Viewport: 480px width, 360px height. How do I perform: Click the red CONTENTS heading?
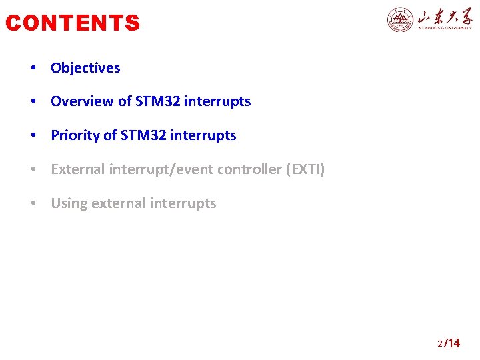73,23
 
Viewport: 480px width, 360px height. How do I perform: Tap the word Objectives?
85,68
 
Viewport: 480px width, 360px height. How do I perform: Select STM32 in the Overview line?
157,101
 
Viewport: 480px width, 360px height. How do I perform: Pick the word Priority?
75,135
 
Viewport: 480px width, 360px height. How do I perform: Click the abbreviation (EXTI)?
305,169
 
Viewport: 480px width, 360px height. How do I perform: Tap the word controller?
249,169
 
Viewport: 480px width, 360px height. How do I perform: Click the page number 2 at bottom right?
440,344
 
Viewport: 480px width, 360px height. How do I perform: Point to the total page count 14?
453,343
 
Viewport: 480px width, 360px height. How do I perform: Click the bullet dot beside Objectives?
33,69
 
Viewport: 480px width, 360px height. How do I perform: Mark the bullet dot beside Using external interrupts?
33,204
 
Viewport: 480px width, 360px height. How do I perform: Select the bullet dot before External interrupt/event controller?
33,170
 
